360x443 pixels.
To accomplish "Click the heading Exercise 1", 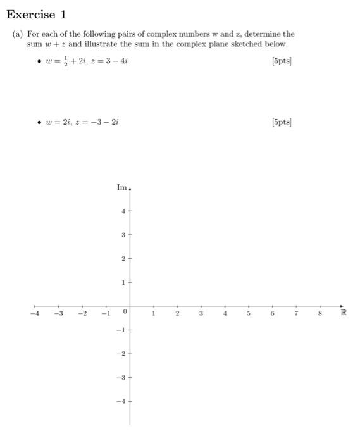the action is [37, 14].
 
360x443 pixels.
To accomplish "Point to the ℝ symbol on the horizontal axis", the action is [344, 313].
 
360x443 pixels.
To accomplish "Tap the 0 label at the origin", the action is [126, 313].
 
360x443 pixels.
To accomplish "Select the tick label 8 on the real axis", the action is [320, 313].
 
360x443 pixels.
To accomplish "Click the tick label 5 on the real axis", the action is [249, 313].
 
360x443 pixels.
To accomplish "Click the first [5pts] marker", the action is [281, 61].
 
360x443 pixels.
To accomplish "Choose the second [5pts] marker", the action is [281, 121].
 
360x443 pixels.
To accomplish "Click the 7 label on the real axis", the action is [296, 313].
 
